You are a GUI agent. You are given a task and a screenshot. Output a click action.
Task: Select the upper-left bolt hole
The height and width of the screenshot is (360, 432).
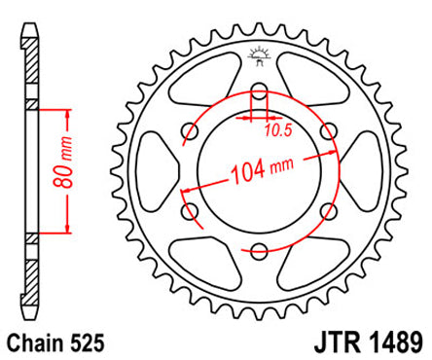point(190,137)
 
